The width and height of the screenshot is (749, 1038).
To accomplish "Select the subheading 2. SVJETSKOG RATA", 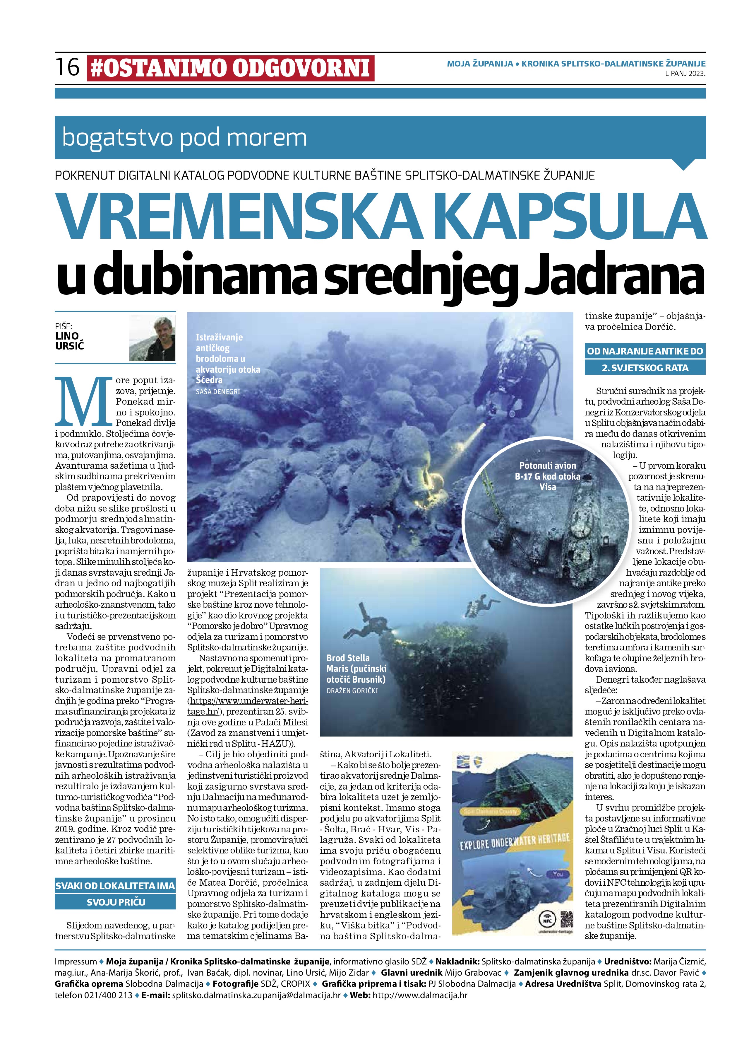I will (x=645, y=367).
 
